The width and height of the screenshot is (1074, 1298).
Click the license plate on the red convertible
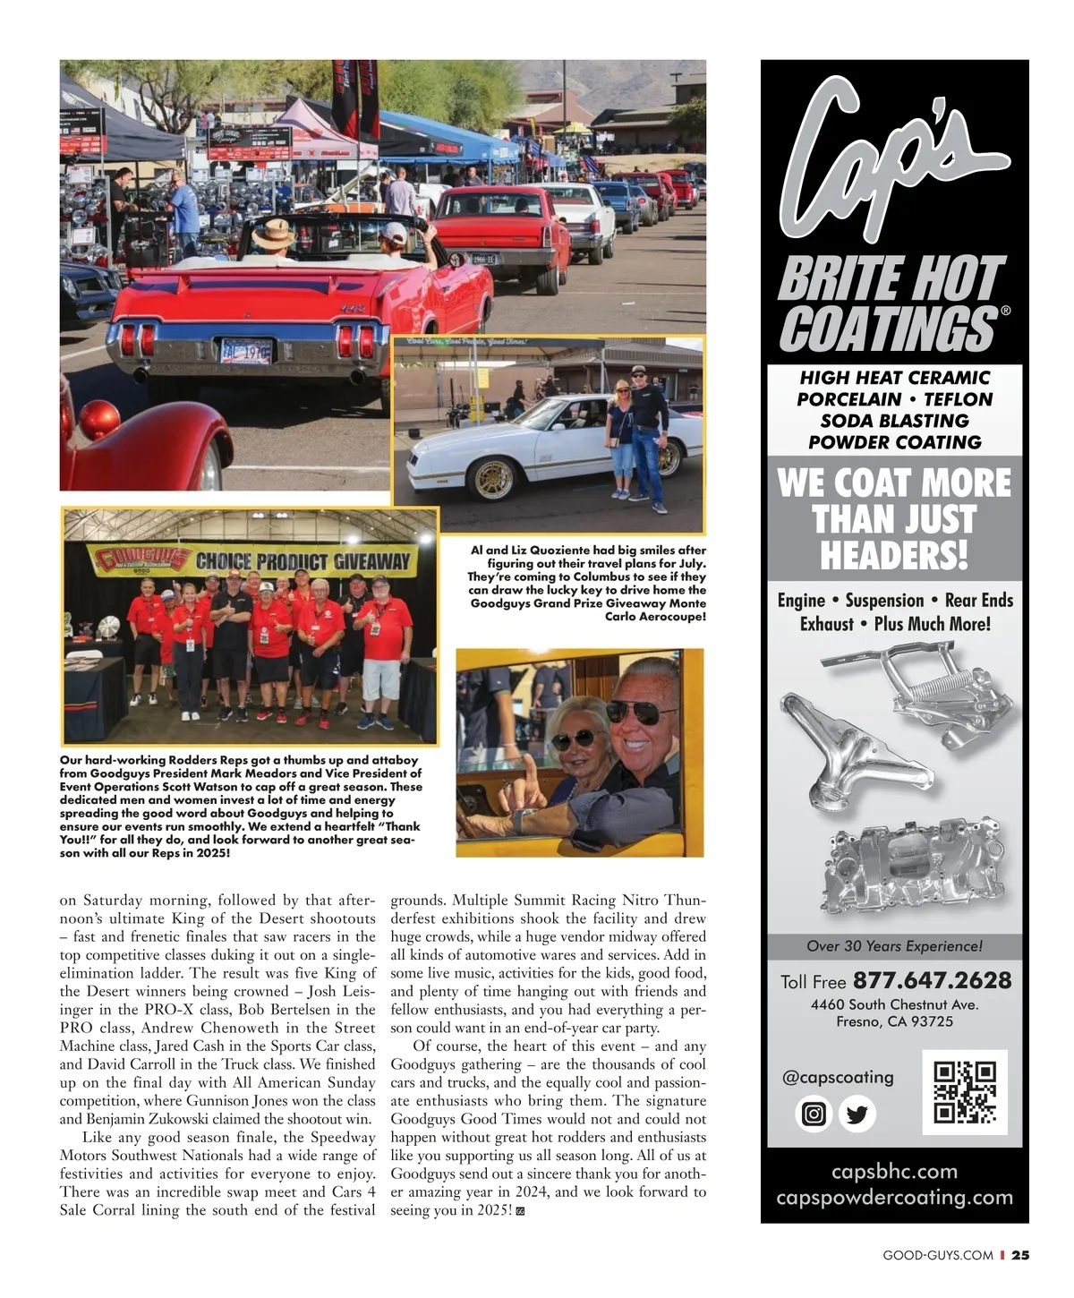tap(245, 347)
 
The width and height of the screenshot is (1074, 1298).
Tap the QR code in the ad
tap(965, 1091)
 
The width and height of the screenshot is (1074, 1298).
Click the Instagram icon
tap(814, 1114)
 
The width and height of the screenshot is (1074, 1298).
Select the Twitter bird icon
tap(857, 1114)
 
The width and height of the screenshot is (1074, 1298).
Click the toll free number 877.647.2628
tap(932, 981)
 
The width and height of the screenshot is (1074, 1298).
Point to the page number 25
tap(1020, 1255)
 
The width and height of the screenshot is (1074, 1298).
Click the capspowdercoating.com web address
tap(894, 1197)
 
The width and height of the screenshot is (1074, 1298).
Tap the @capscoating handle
tap(838, 1077)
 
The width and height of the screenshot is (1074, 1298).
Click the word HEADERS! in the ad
tap(894, 556)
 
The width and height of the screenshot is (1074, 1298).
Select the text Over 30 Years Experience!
tap(894, 946)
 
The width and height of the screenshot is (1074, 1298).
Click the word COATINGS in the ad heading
tap(888, 328)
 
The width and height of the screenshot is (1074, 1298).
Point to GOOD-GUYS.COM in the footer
tap(937, 1255)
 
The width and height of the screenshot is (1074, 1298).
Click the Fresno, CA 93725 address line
tap(894, 1021)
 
